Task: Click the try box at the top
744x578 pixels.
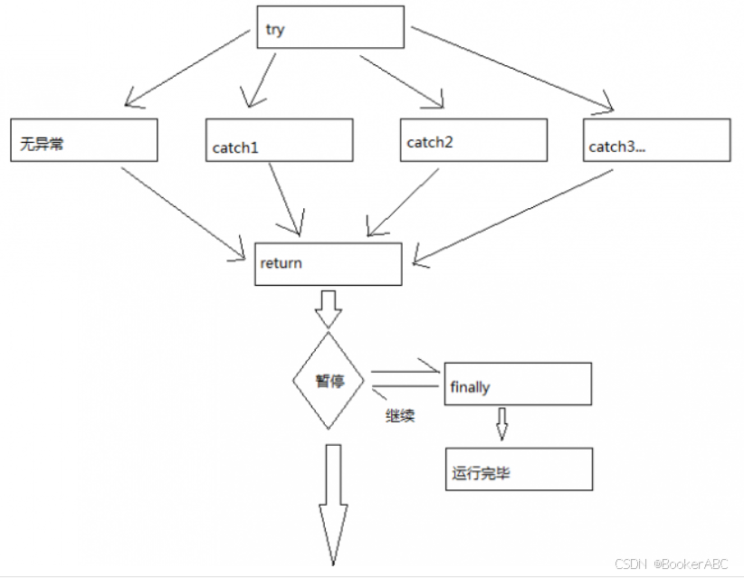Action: coord(329,27)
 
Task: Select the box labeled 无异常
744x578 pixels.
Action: coord(84,140)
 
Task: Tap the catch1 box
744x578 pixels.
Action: coord(279,140)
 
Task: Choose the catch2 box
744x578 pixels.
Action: coord(473,140)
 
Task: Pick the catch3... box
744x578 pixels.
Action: coord(656,140)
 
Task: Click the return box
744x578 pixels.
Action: coord(328,263)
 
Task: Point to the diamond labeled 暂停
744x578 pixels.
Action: coord(330,381)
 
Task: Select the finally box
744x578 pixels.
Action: coord(518,384)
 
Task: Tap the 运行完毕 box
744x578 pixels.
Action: coord(518,469)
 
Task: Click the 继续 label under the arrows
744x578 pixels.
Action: coord(399,418)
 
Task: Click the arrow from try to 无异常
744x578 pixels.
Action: coord(187,66)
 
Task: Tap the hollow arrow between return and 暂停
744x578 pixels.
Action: coord(328,308)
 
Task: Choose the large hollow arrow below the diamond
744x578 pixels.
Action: coord(332,502)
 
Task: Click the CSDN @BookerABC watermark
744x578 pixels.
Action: coord(671,564)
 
